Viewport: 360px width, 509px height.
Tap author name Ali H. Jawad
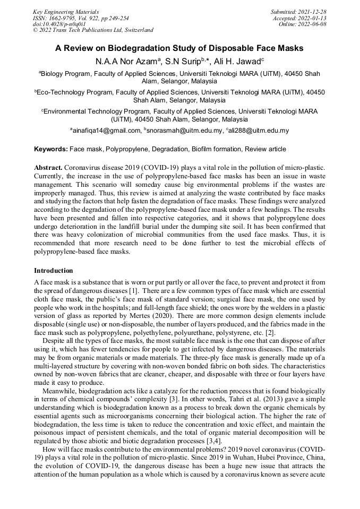coord(240,62)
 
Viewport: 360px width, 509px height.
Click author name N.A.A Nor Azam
coord(124,62)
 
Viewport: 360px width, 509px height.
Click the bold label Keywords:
coord(51,149)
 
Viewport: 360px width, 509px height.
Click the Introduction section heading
coord(54,271)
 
